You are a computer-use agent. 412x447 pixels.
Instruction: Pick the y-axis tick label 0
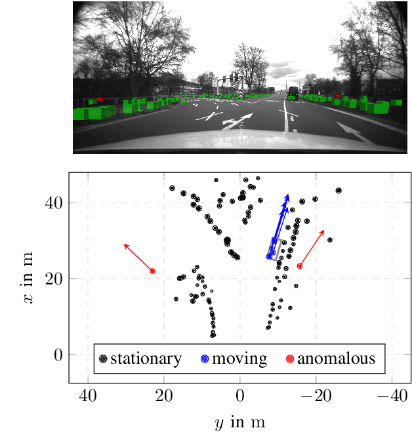point(58,355)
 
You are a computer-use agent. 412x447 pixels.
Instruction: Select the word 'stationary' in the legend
point(146,359)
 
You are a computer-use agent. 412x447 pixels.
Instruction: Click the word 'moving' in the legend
point(239,359)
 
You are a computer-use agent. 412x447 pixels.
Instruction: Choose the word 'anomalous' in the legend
point(336,359)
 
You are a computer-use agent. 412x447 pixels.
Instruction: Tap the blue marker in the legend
point(204,359)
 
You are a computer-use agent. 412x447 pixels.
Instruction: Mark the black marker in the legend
point(103,359)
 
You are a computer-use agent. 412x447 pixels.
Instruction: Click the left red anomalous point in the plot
point(152,271)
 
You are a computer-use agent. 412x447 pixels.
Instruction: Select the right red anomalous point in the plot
point(300,265)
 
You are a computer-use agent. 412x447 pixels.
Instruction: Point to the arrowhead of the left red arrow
point(125,245)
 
